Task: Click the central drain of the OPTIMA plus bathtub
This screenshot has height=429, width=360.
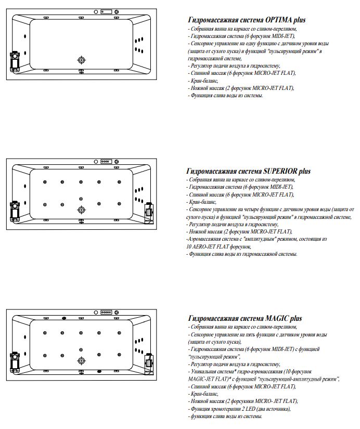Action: point(81,60)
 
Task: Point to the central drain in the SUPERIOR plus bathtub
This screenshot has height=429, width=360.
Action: point(81,209)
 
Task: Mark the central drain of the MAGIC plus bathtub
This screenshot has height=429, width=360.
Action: point(81,360)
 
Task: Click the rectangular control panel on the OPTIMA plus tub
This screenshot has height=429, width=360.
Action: point(107,11)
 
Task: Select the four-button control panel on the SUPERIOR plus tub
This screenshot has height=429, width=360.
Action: point(107,161)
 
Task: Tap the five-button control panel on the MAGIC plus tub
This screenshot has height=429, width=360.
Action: point(107,311)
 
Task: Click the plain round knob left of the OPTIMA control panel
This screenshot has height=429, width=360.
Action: point(97,11)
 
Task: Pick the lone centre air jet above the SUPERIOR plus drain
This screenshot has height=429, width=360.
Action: point(81,199)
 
